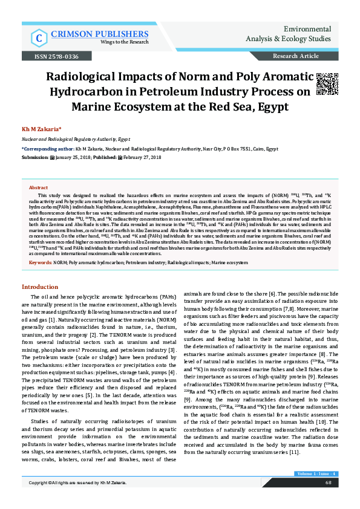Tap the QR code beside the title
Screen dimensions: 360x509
tap(327, 85)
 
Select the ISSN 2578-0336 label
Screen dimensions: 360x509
tap(58, 56)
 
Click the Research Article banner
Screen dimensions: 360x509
tap(296, 56)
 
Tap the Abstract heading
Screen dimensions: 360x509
tap(38, 188)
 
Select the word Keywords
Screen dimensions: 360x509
tap(40, 263)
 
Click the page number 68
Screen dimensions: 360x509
tap(327, 499)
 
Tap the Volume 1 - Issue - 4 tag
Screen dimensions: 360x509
tap(316, 489)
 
